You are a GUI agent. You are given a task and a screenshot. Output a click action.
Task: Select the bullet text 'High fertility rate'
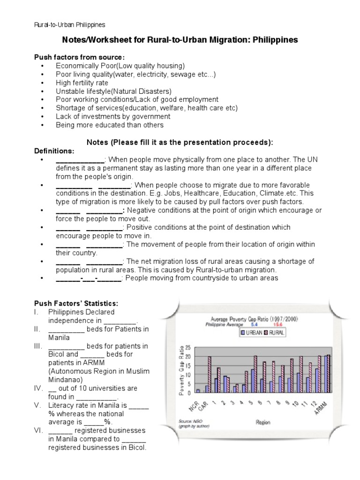pos(82,82)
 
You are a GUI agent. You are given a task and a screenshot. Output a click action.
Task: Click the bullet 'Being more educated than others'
pos(110,125)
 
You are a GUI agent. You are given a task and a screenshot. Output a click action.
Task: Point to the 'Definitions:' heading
pos(54,151)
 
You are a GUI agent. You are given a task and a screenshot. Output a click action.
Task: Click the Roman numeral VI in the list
pos(39,430)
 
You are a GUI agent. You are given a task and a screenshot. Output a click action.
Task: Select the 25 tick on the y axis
pos(188,347)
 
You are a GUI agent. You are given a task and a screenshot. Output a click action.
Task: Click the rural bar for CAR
pos(209,374)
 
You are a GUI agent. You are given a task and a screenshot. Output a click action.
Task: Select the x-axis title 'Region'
pos(262,422)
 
